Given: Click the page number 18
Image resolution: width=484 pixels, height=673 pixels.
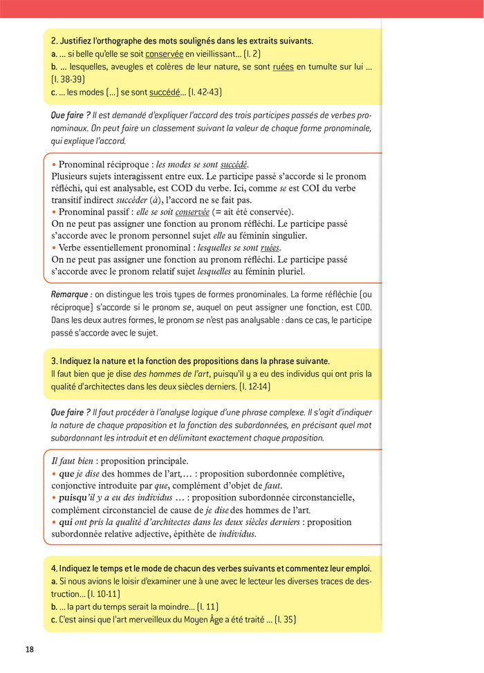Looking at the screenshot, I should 29,649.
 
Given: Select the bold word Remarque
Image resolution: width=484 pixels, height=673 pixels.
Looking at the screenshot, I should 71,294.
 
